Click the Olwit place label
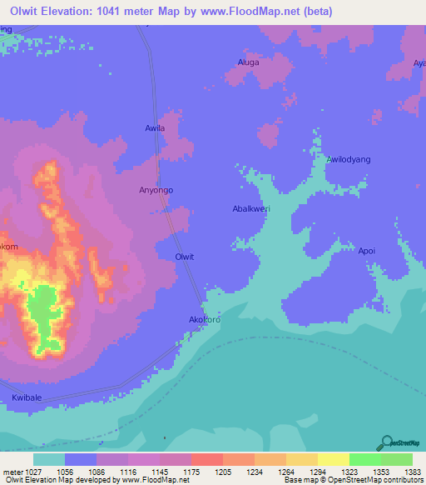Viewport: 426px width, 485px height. point(185,257)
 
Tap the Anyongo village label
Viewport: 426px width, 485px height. point(156,190)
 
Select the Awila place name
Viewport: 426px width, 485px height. point(156,128)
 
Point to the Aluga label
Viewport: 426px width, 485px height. point(249,62)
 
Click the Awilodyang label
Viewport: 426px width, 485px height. point(349,159)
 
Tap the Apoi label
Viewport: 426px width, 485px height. point(367,250)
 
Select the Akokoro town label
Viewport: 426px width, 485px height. point(204,319)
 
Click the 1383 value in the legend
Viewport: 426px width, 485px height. point(414,472)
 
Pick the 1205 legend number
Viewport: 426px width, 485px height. point(223,472)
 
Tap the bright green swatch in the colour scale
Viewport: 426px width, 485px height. point(364,459)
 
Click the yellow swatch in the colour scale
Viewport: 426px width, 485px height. point(333,459)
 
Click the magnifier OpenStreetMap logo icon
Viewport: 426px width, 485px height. point(387,442)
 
